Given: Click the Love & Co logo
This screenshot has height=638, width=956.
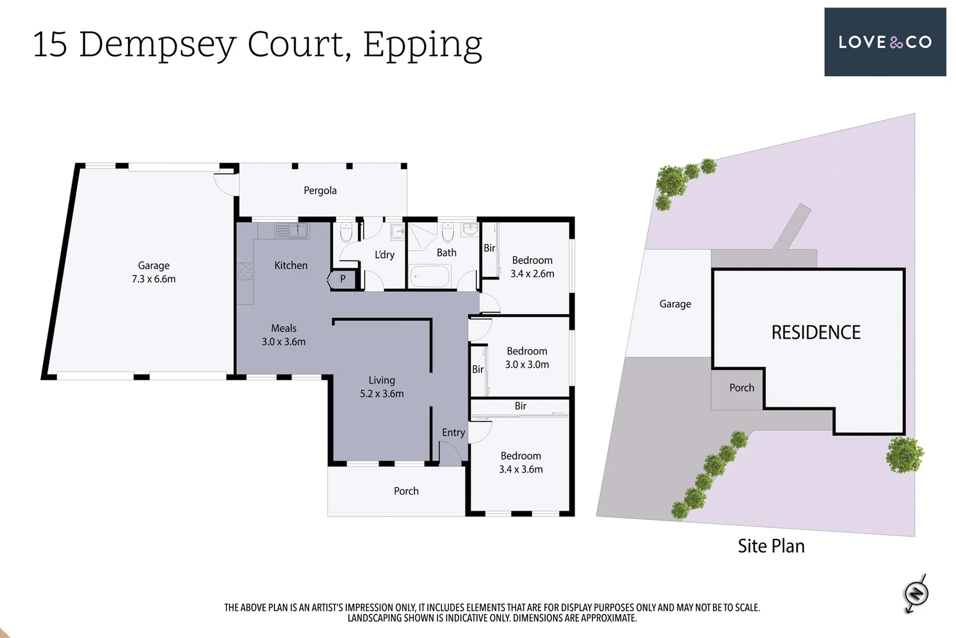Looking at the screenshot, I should click(885, 42).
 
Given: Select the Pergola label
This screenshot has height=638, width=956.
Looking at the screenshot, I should click(320, 190).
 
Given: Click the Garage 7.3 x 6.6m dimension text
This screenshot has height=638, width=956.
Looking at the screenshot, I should click(153, 279).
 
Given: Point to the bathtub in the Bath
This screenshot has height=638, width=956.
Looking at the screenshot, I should click(430, 276).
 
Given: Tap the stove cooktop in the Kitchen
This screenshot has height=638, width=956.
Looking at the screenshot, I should click(245, 271).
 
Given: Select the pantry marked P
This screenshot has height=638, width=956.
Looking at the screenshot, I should click(343, 279).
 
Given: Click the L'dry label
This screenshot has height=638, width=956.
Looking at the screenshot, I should click(384, 255).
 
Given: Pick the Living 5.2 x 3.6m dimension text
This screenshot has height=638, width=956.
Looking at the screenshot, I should click(382, 393).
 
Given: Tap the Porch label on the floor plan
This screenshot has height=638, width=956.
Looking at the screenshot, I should click(406, 491).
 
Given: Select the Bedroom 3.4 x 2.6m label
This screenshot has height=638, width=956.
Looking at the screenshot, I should click(532, 266).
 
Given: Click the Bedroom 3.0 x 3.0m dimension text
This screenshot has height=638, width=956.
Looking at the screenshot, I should click(527, 364).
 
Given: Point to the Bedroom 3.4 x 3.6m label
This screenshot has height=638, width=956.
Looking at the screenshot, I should click(520, 462).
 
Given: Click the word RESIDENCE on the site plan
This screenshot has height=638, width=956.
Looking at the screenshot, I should click(816, 333).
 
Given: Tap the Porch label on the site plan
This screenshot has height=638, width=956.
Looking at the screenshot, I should click(741, 388).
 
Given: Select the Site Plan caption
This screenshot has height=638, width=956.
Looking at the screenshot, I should click(771, 546).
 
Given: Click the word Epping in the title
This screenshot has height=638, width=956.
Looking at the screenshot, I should click(423, 45).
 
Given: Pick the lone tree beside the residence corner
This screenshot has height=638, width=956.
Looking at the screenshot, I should click(904, 455).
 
